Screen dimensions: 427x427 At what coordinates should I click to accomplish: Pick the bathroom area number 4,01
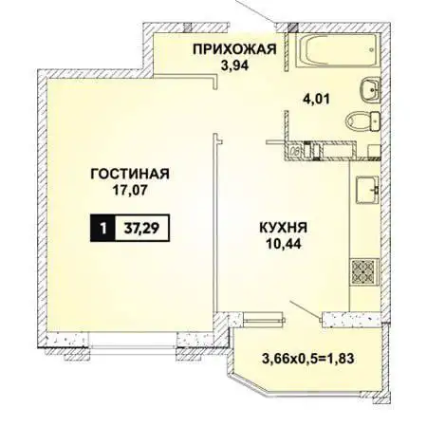320,97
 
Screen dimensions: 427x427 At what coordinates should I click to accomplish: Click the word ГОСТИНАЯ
131,174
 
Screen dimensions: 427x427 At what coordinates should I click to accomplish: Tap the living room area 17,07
131,191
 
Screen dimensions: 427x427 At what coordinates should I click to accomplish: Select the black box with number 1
98,228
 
